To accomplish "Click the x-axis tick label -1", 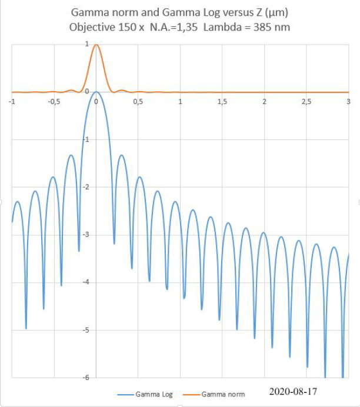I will pyautogui.click(x=12, y=101).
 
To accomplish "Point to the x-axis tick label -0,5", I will pyautogui.click(x=54, y=101).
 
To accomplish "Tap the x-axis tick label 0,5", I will pyautogui.click(x=138, y=101).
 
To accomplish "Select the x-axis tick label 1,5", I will pyautogui.click(x=222, y=101).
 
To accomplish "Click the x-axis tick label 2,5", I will pyautogui.click(x=306, y=101).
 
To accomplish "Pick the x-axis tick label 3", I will pyautogui.click(x=349, y=101).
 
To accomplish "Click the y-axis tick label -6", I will pyautogui.click(x=87, y=378).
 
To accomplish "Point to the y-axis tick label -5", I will pyautogui.click(x=87, y=330).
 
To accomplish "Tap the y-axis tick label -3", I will pyautogui.click(x=87, y=235).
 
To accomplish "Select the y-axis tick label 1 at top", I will pyautogui.click(x=87, y=44).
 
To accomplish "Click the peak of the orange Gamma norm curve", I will pyautogui.click(x=96, y=45).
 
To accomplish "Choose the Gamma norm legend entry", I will pyautogui.click(x=223, y=394).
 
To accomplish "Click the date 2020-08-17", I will pyautogui.click(x=293, y=391).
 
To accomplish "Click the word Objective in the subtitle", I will pyautogui.click(x=91, y=27).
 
